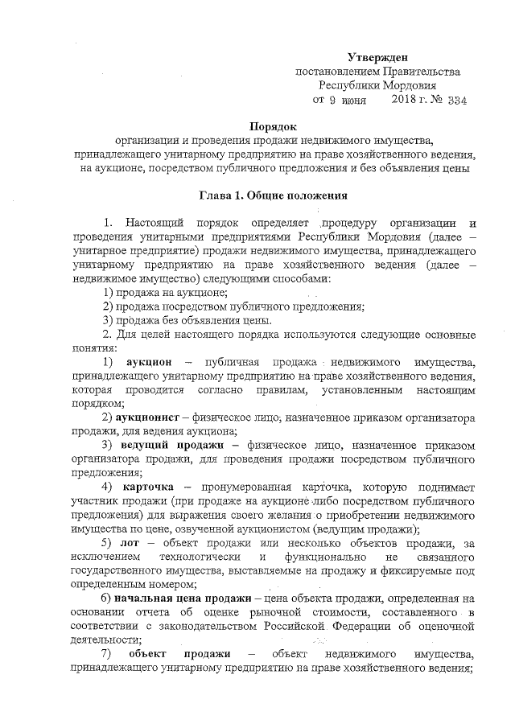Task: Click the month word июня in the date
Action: [352, 101]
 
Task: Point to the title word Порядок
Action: [273, 126]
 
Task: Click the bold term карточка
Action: [148, 487]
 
